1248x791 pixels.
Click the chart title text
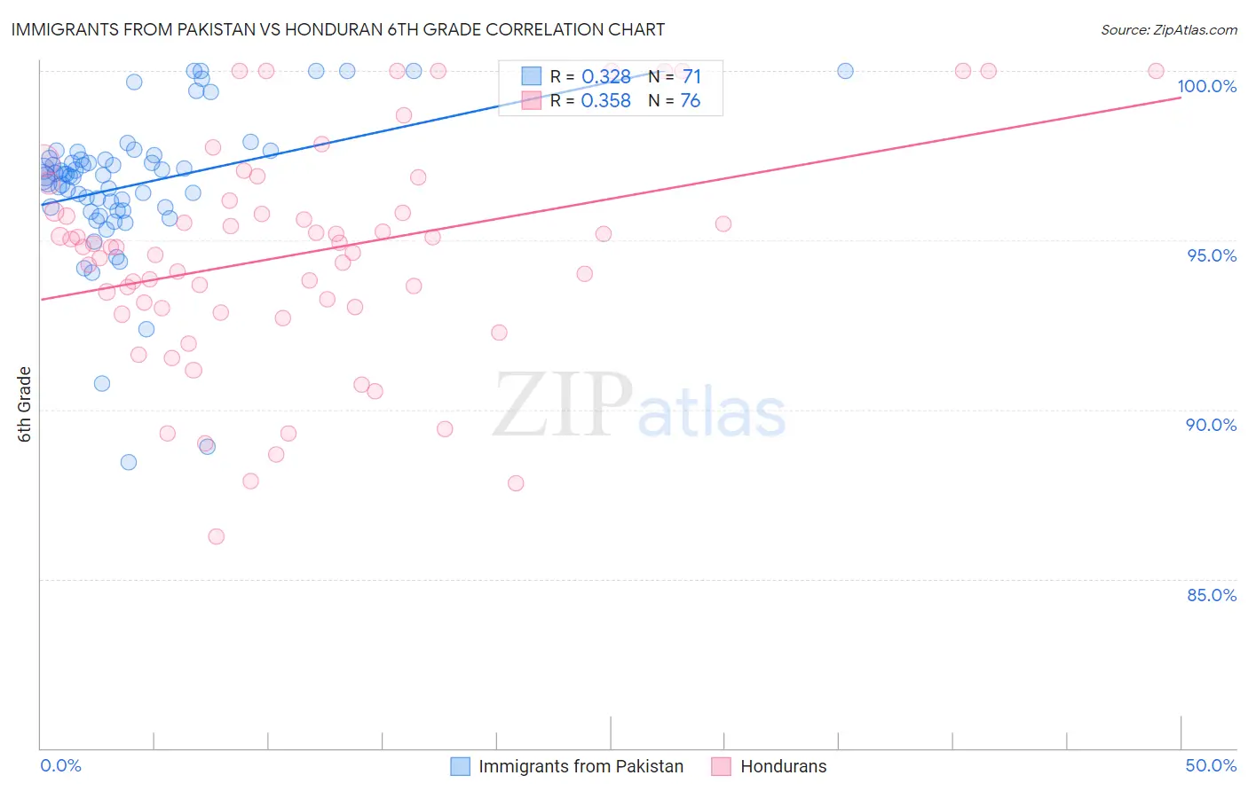338,29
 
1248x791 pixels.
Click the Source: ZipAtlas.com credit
1168,29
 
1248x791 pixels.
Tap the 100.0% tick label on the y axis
1206,86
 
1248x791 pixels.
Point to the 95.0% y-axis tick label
1211,255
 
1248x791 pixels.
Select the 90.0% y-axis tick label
1211,425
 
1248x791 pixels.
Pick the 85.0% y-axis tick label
1211,595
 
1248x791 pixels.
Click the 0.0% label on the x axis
60,765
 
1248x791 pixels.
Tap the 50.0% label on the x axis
1211,765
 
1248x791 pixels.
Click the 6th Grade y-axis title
25,403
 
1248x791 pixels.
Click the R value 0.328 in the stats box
605,77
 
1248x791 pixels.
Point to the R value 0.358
605,101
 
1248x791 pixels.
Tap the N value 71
691,77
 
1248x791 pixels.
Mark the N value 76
691,101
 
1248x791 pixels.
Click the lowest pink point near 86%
216,536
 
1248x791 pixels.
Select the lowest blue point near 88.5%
129,462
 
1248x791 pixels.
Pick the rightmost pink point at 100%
1156,71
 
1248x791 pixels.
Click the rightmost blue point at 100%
845,71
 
